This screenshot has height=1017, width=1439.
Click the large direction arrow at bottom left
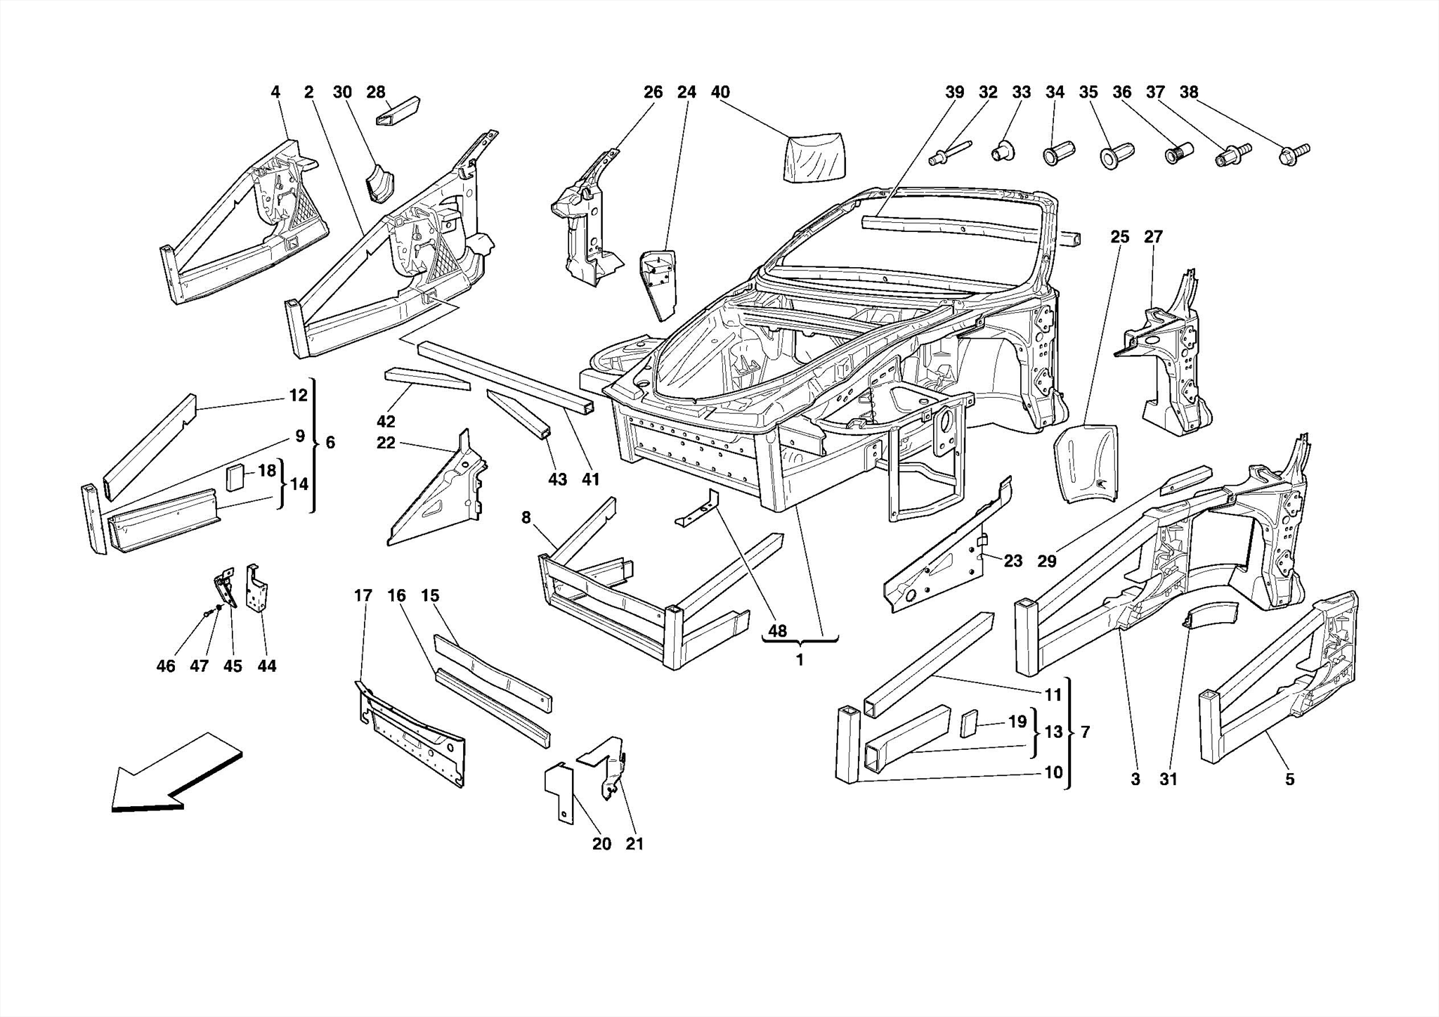[176, 773]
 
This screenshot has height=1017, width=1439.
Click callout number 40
[720, 92]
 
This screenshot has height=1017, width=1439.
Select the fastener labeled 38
[1293, 153]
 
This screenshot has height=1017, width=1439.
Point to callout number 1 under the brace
[800, 660]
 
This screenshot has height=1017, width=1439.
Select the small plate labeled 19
[970, 724]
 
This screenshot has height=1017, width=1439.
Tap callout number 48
[777, 631]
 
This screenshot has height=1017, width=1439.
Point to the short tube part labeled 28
[398, 112]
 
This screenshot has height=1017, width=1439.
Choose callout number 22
[386, 443]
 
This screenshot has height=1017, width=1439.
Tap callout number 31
[1168, 779]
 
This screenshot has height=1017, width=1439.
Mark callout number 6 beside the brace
[330, 443]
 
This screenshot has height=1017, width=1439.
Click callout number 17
[363, 596]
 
